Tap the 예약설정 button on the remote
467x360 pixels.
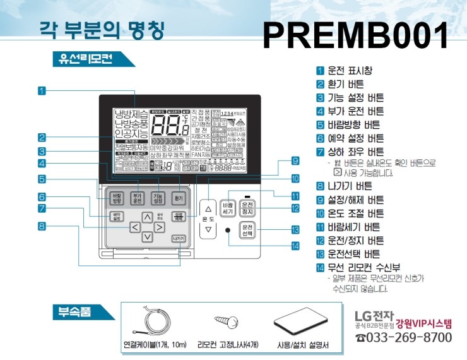[116, 216]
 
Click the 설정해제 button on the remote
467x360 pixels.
[179, 216]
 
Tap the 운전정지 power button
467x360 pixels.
[247, 207]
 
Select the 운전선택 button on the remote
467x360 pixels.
[247, 230]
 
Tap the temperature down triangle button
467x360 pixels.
[208, 230]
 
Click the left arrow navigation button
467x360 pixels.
[134, 227]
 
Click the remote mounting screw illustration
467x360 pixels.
[224, 322]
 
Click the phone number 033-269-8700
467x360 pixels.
[404, 338]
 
